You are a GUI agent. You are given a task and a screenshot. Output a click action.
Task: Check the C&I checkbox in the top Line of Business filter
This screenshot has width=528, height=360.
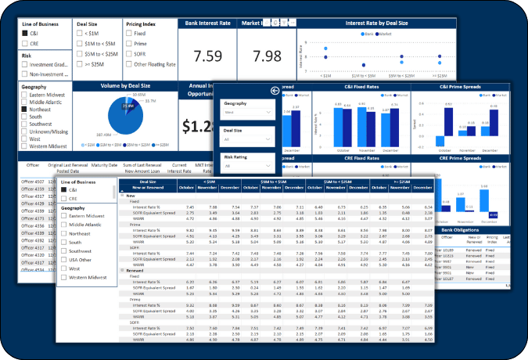coord(25,34)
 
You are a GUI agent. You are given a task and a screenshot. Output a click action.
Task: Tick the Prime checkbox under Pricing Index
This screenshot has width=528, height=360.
coord(129,44)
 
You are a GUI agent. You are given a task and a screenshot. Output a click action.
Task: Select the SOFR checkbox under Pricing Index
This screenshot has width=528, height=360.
coord(129,54)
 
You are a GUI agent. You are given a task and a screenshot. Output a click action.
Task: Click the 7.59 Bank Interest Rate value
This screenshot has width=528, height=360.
coord(207,56)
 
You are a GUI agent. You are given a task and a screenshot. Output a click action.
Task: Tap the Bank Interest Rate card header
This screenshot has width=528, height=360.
coord(207,24)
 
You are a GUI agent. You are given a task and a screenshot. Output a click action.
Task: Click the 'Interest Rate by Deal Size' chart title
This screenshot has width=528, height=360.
coord(376,24)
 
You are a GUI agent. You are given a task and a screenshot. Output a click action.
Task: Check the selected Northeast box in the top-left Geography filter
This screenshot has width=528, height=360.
coord(25,110)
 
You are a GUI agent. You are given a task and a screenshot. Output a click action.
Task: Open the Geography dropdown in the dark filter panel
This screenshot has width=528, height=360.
coord(246,113)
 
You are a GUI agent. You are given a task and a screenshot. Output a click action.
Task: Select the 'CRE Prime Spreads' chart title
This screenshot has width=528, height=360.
coord(458,160)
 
